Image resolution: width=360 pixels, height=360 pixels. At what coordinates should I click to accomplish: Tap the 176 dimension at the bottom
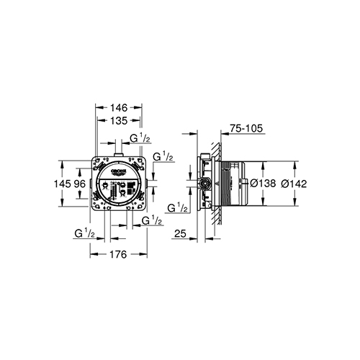coord(118,254)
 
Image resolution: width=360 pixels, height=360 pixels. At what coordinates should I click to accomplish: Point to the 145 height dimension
coord(66,184)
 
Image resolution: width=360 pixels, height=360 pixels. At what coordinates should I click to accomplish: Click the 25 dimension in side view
coord(181,234)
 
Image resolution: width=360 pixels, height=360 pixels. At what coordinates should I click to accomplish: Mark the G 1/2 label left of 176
coord(86,233)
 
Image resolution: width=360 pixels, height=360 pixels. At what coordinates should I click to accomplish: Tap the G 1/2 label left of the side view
coord(177,208)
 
